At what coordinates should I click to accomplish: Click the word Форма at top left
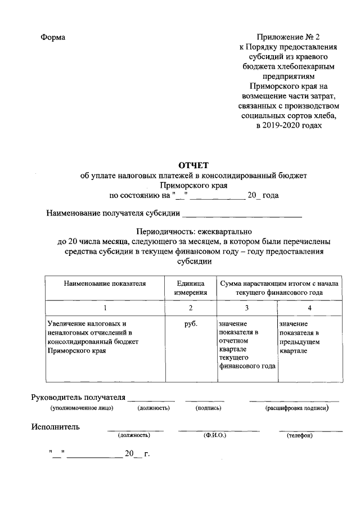click(53, 37)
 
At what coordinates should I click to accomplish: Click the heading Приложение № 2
click(289, 37)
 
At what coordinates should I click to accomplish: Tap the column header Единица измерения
click(191, 289)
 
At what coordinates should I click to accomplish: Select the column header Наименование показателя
click(105, 284)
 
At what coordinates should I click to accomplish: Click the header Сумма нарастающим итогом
click(279, 289)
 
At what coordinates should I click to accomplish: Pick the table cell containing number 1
click(105, 308)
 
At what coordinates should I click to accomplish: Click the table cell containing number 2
click(191, 308)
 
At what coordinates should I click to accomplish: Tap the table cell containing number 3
click(246, 308)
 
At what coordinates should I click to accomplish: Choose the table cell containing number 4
click(309, 308)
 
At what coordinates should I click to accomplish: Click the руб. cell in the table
click(191, 325)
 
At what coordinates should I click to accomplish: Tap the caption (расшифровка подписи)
click(296, 408)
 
